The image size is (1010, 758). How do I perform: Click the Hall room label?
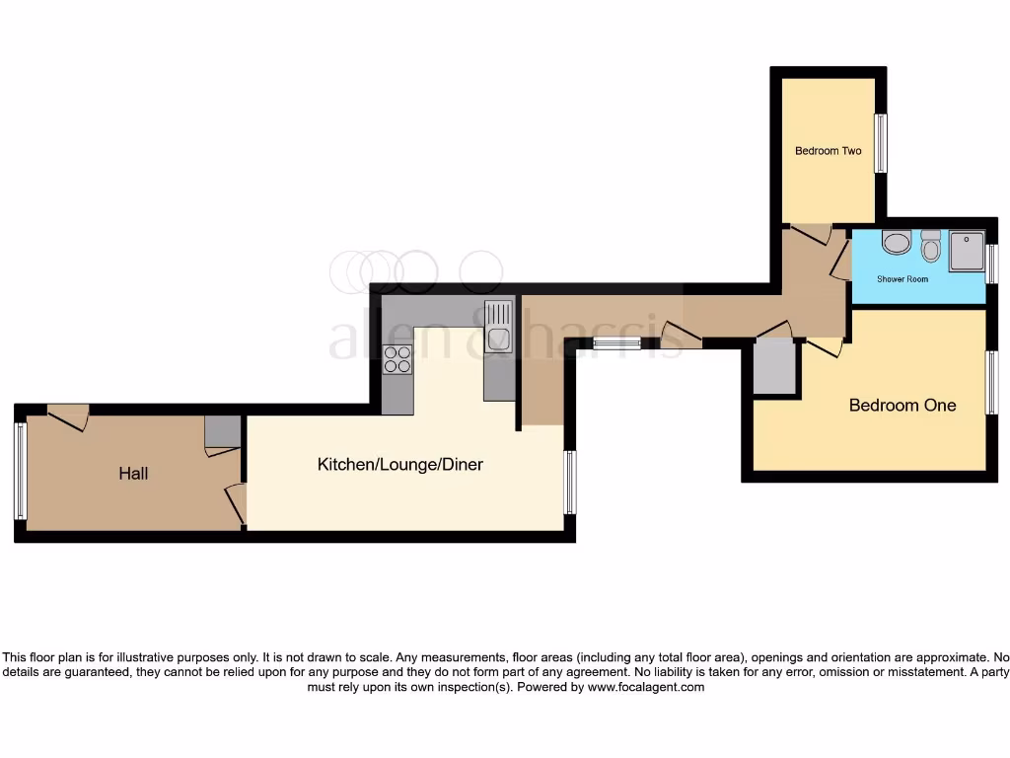point(133,474)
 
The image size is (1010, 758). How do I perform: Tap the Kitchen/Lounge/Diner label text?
point(399,464)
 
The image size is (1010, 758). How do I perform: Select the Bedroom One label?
point(902,405)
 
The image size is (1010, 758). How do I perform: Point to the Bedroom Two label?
point(828,151)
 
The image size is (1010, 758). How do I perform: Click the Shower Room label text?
point(902,279)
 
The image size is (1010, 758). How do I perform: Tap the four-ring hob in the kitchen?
point(397,359)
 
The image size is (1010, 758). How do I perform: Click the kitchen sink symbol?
point(498,325)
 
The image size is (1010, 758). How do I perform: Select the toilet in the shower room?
point(930,244)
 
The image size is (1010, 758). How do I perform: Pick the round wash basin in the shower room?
point(896,242)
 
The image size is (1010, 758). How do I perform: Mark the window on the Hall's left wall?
point(20,471)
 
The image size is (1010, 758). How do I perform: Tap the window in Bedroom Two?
point(881,143)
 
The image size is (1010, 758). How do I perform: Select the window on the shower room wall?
point(991,264)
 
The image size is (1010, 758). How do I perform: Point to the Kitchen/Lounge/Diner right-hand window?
point(569,482)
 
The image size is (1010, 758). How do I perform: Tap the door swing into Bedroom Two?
point(812,234)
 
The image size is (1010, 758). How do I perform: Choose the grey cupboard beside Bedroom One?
point(774,367)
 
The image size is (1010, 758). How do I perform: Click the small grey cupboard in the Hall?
point(223,432)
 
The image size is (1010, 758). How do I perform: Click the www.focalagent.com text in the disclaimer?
point(646,687)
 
